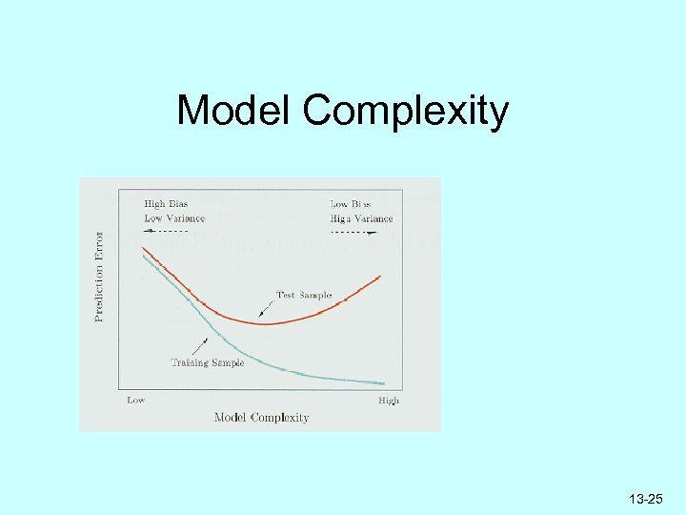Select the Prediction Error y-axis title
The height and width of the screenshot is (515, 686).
pyautogui.click(x=99, y=276)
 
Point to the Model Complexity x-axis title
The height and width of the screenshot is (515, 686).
pyautogui.click(x=261, y=417)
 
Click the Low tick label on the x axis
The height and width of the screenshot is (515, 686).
pyautogui.click(x=136, y=401)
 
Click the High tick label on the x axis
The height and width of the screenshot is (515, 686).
pyautogui.click(x=388, y=401)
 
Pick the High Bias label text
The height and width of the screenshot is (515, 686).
pyautogui.click(x=167, y=203)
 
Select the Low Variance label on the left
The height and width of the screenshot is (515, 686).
pyautogui.click(x=173, y=217)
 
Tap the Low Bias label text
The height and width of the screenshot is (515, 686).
pyautogui.click(x=351, y=204)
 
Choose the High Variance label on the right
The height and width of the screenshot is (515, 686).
pyautogui.click(x=360, y=218)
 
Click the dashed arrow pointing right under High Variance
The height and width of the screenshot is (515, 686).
pyautogui.click(x=354, y=232)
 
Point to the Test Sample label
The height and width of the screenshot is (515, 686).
pyautogui.click(x=303, y=295)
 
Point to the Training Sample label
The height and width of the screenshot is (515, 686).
pyautogui.click(x=207, y=362)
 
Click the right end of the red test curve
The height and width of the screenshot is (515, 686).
pyautogui.click(x=380, y=276)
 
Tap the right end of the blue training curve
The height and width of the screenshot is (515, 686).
pyautogui.click(x=383, y=382)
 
